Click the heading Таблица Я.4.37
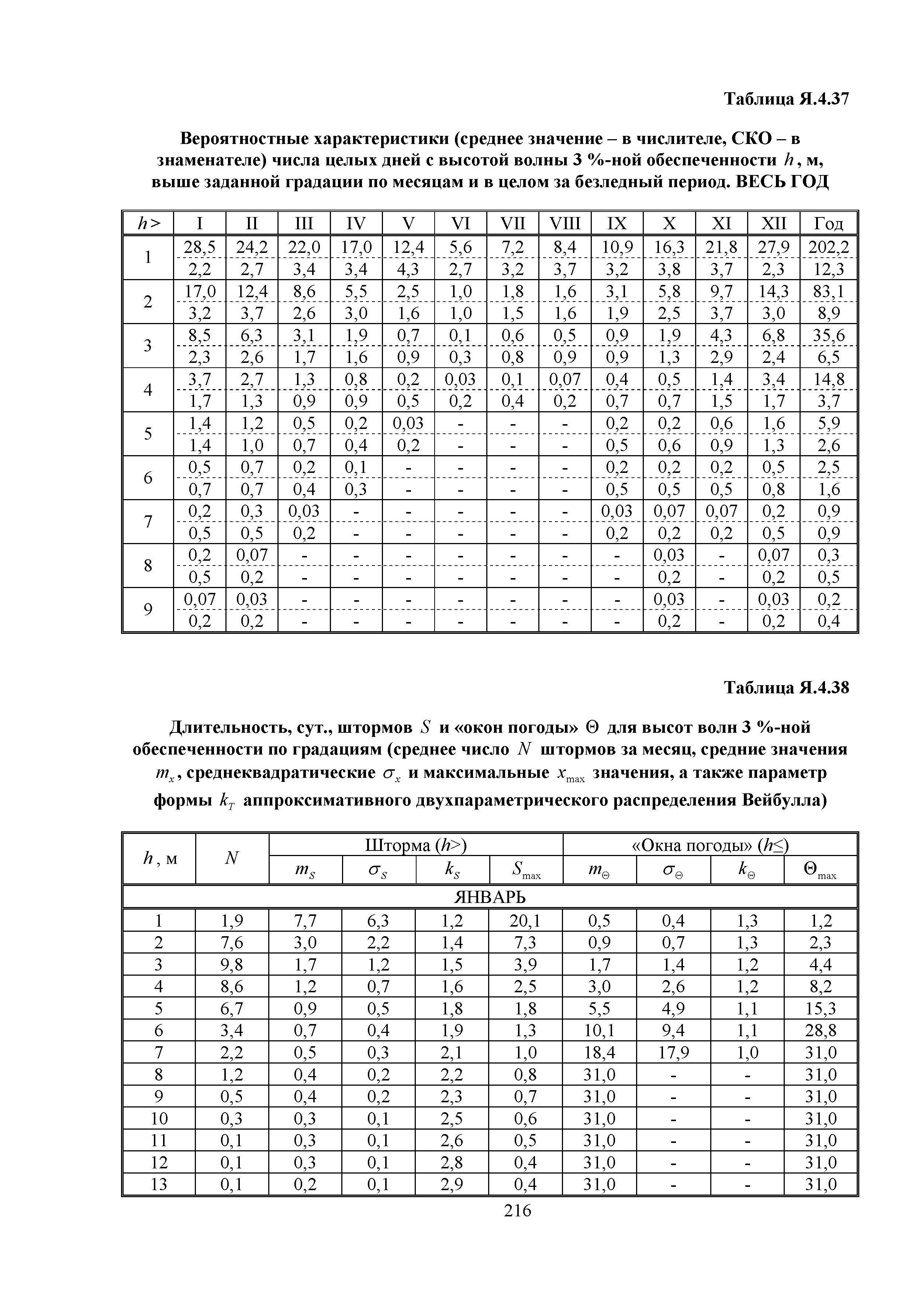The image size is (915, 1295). point(786,99)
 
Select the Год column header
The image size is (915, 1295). point(828,224)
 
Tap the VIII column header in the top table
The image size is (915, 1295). point(564,224)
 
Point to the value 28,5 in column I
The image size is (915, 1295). point(200,247)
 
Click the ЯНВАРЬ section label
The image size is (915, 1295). point(489,897)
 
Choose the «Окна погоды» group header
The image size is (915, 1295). point(709,845)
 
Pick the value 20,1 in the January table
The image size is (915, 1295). point(525,921)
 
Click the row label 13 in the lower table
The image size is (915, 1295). point(159,1185)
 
